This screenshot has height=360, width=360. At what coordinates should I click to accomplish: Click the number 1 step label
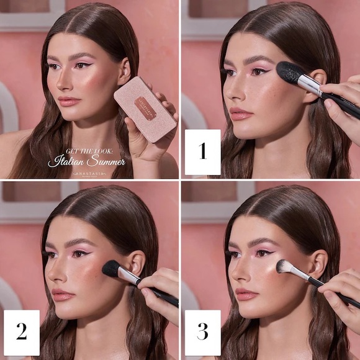click(202, 152)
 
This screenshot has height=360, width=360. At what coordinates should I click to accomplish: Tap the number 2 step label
click(21, 332)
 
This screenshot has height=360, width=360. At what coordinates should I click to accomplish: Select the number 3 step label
click(202, 332)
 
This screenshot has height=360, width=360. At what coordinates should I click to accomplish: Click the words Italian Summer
click(86, 162)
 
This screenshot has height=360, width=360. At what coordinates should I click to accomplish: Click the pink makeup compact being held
click(145, 109)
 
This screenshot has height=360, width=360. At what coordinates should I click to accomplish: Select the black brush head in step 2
click(112, 269)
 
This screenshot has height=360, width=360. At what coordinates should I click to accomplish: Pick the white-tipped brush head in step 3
click(284, 268)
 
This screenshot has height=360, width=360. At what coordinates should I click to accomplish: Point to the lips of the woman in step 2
click(63, 295)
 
